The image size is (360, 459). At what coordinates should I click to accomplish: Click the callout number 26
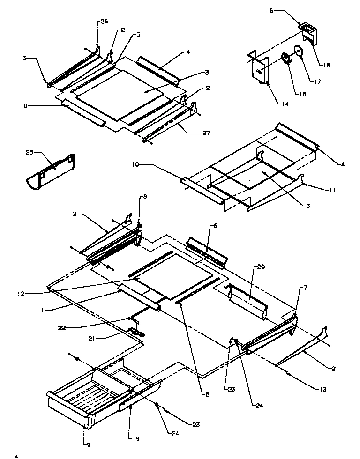104,22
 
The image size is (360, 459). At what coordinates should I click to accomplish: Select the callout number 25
30,153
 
